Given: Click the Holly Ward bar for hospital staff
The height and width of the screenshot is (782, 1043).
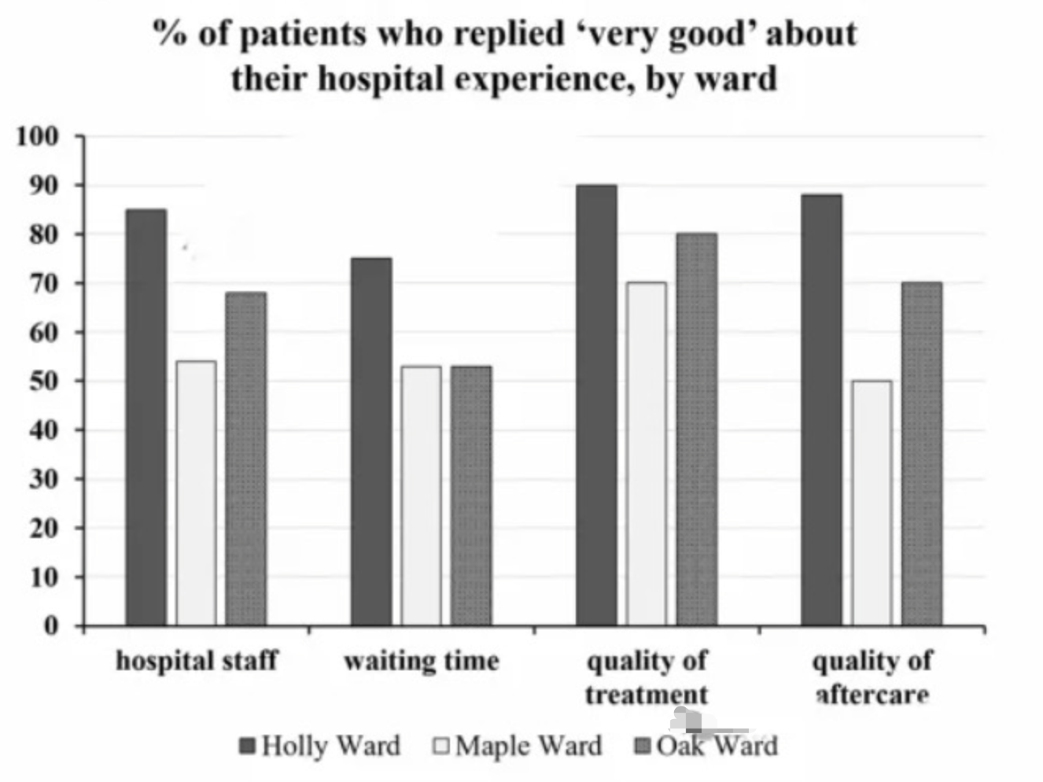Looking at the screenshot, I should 146,417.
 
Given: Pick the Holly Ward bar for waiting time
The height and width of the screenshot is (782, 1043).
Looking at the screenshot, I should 371,441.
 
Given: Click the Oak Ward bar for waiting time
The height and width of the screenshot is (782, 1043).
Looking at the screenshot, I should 471,496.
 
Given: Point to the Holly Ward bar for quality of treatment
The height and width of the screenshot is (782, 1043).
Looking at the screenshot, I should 596,405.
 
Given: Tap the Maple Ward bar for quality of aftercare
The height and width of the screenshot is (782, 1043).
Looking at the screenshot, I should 872,503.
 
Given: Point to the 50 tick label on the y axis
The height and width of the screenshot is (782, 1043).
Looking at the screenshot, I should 44,382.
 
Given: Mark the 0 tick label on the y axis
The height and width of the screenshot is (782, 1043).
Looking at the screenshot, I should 51,626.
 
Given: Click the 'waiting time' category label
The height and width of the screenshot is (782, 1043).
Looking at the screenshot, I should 422,661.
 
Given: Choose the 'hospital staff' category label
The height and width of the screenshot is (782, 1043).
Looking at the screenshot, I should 197,661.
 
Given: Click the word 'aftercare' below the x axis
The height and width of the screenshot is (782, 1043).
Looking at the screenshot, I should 872,695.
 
